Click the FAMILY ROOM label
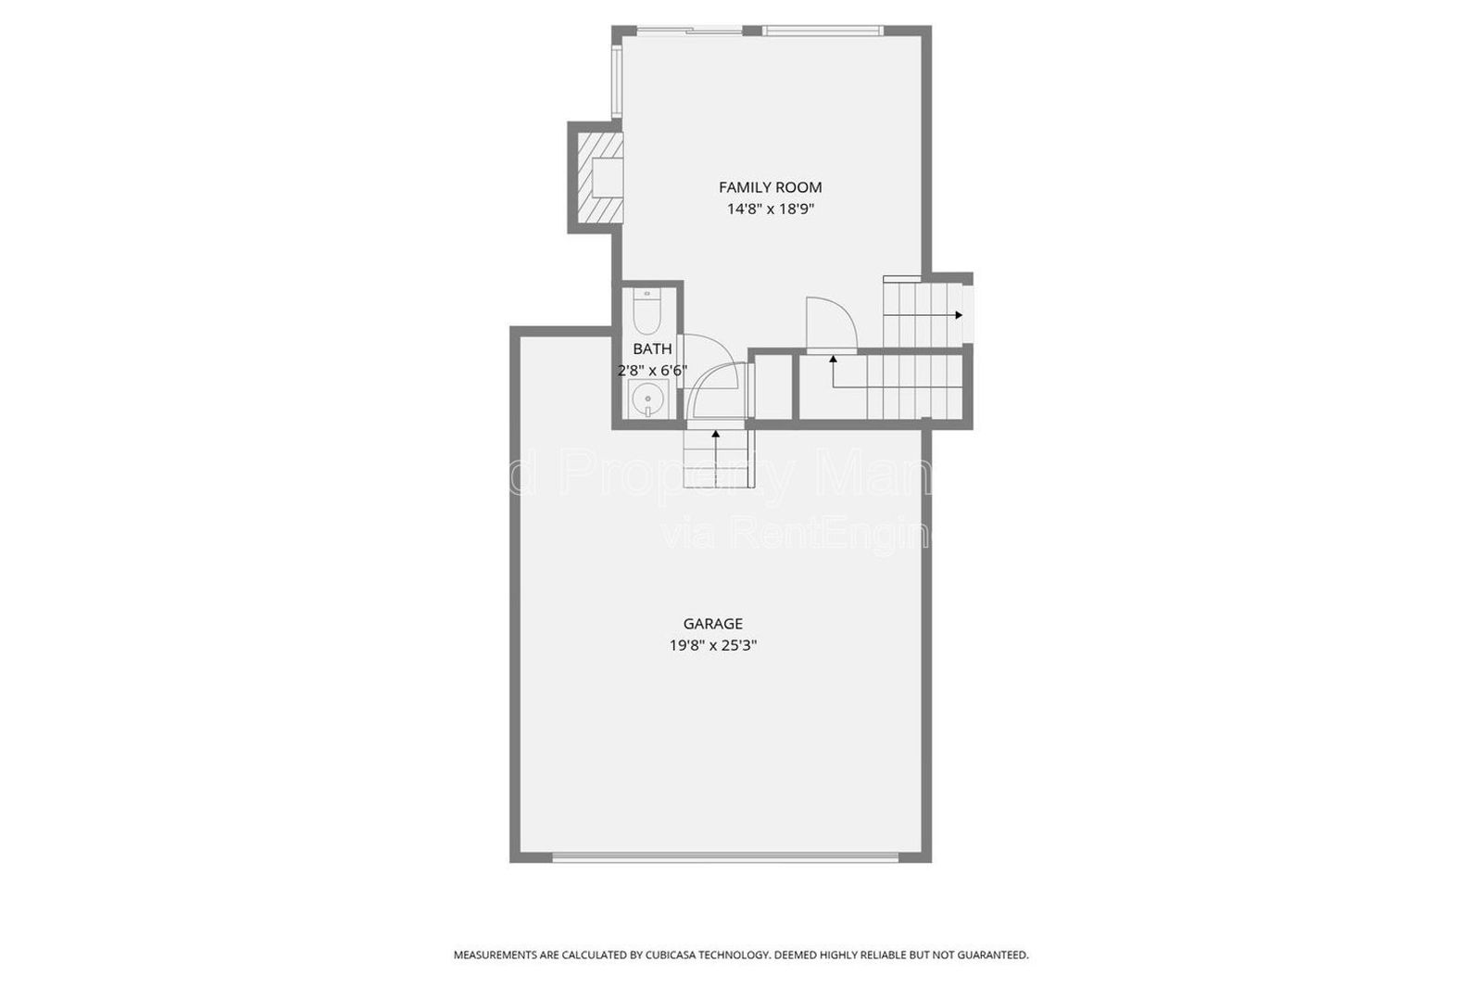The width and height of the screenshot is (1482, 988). pyautogui.click(x=770, y=187)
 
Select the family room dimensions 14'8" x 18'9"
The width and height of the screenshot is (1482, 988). pyautogui.click(x=770, y=209)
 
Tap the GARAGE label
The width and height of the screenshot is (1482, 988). pyautogui.click(x=712, y=624)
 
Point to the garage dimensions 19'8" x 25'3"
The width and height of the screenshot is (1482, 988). pyautogui.click(x=712, y=646)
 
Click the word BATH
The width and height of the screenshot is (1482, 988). pyautogui.click(x=652, y=349)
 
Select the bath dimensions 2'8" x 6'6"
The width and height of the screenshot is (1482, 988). pyautogui.click(x=652, y=371)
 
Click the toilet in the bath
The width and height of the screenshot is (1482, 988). pyautogui.click(x=645, y=313)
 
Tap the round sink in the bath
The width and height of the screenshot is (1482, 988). pyautogui.click(x=646, y=401)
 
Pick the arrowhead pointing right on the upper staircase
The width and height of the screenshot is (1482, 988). pyautogui.click(x=959, y=315)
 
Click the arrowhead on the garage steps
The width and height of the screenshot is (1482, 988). pyautogui.click(x=715, y=433)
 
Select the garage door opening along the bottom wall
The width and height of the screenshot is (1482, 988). pyautogui.click(x=724, y=857)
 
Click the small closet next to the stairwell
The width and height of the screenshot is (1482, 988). pyautogui.click(x=772, y=387)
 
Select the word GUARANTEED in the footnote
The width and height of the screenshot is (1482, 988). pyautogui.click(x=991, y=955)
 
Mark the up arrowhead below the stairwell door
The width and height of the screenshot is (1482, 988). pyautogui.click(x=833, y=359)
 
